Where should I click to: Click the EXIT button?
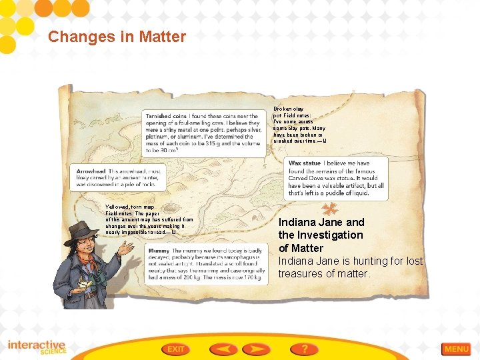point(176,349)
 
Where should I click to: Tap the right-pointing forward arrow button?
point(256,349)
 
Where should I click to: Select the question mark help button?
point(304,349)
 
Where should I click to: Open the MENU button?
point(457,349)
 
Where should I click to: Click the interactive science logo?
point(37,348)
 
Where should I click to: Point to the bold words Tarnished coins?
point(167,116)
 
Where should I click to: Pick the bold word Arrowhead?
point(91,171)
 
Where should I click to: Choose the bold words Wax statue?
point(304,163)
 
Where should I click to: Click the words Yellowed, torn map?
point(131,207)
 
